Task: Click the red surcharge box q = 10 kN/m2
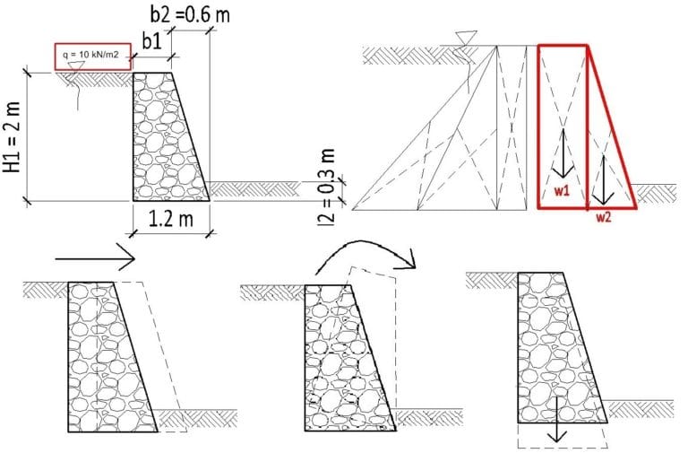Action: pos(93,57)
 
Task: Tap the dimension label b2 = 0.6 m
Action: pos(190,14)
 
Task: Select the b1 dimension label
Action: pos(152,42)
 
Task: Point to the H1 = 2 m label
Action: pos(12,137)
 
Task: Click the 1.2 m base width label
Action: pos(171,218)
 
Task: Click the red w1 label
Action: pos(562,191)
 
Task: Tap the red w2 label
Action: pos(603,217)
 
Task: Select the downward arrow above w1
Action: pos(563,152)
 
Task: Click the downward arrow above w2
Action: pos(603,180)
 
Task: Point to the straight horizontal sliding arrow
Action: pos(95,259)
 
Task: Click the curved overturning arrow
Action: pos(365,257)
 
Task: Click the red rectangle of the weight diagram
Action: pos(563,126)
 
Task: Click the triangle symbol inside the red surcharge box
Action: pos(76,65)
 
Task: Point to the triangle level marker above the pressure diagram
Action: pos(466,38)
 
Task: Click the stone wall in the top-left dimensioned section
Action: pos(171,136)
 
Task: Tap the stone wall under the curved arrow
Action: pos(350,358)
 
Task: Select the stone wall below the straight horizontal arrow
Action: pos(113,357)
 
